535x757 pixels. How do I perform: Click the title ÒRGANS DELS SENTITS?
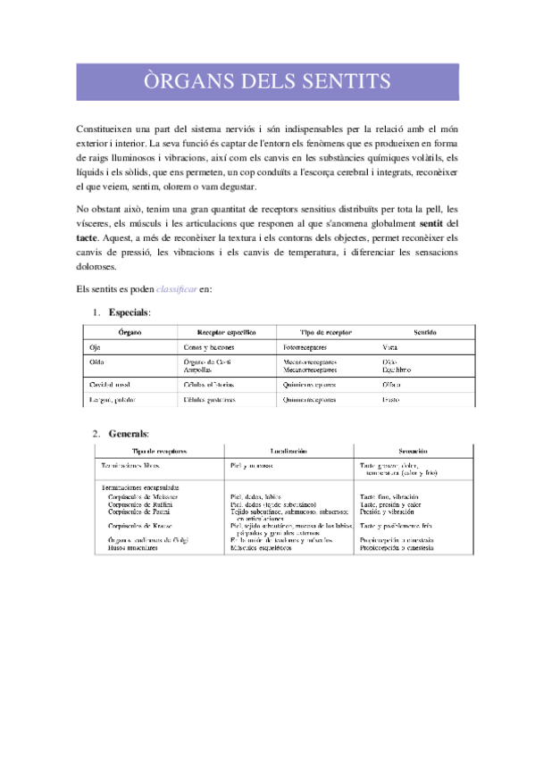267,82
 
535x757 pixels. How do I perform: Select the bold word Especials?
129,312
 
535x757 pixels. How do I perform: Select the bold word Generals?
129,434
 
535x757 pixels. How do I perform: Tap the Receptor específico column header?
214,332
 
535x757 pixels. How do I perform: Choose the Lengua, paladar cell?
113,400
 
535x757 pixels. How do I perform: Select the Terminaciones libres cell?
130,467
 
